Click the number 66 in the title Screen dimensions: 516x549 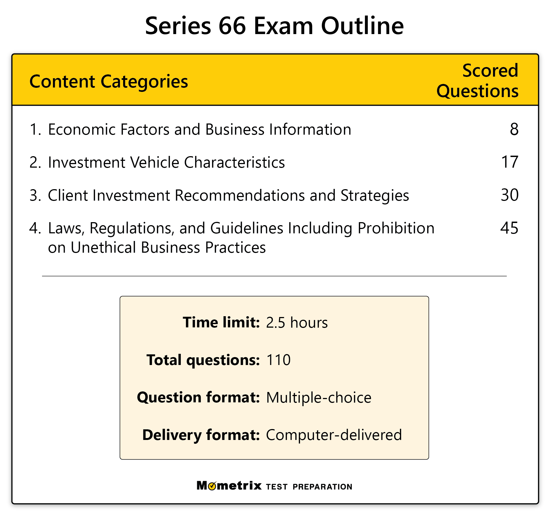click(x=232, y=26)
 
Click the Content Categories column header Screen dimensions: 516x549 click(x=109, y=82)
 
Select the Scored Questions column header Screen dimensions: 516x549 click(x=477, y=80)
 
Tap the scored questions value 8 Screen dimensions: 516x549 click(x=514, y=129)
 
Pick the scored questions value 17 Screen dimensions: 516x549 click(x=510, y=162)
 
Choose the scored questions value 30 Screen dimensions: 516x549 click(x=509, y=195)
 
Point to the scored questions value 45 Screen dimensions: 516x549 click(x=509, y=228)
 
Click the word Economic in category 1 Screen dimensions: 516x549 click(x=81, y=129)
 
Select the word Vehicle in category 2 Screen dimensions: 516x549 click(x=155, y=162)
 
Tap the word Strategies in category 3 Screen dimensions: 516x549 click(x=375, y=195)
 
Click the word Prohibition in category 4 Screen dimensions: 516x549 click(x=396, y=228)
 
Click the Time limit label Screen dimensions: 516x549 click(x=221, y=322)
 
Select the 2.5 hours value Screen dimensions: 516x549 click(x=297, y=323)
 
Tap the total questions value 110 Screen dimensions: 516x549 click(x=278, y=360)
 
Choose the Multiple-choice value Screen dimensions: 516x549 click(x=319, y=398)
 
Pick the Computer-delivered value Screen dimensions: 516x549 click(x=334, y=435)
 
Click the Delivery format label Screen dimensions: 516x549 click(x=201, y=435)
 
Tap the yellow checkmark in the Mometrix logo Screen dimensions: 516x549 click(x=212, y=487)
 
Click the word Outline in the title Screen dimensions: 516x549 click(x=362, y=26)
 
